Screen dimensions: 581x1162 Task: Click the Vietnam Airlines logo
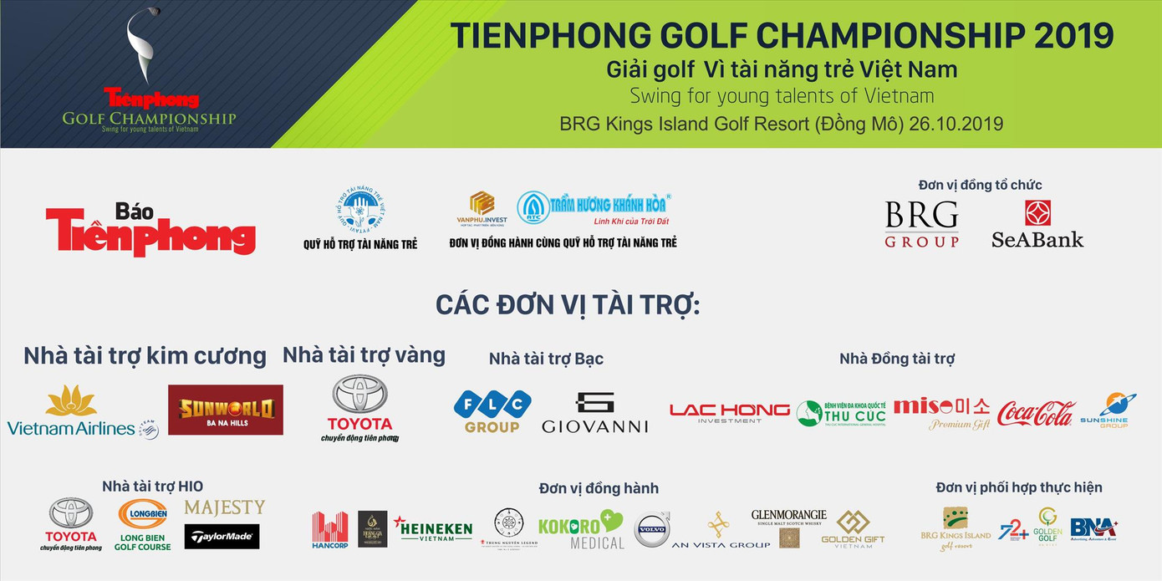[x=82, y=412]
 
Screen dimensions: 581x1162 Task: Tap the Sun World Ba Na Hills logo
[x=226, y=410]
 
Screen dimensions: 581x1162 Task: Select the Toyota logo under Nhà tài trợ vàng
[x=360, y=407]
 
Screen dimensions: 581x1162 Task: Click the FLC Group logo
[x=492, y=411]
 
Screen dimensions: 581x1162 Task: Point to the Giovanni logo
[x=594, y=413]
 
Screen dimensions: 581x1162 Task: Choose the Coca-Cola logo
[x=1036, y=412]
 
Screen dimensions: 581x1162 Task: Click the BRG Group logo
[x=921, y=224]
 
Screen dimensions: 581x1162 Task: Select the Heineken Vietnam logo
[x=433, y=528]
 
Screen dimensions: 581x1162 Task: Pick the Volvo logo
[x=652, y=529]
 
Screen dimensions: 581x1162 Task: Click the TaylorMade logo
[x=222, y=537]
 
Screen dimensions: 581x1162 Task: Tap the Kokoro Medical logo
[x=581, y=529]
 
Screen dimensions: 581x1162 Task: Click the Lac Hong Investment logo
[x=729, y=412]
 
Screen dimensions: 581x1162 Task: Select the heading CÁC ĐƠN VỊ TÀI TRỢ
[x=568, y=305]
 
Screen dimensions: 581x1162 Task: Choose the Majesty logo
[x=224, y=507]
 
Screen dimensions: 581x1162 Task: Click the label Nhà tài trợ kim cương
[x=145, y=356]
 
